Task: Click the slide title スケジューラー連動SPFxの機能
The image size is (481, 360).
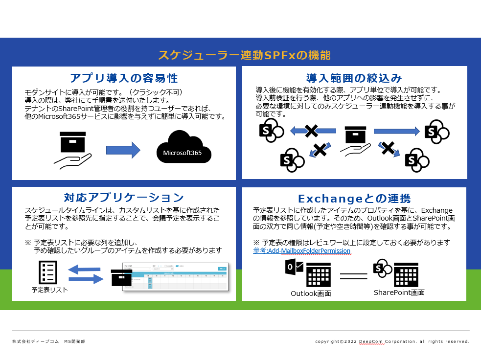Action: coord(244,55)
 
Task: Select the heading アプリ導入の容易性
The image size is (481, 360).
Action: coord(123,78)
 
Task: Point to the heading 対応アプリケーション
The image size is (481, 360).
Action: coord(123,198)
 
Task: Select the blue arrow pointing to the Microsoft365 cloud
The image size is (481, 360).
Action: coord(123,149)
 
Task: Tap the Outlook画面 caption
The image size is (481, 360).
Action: coord(311,293)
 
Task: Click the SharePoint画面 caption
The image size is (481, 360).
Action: coord(399,292)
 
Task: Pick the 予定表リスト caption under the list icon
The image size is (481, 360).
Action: coord(49,290)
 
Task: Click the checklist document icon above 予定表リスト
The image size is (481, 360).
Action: coord(48,272)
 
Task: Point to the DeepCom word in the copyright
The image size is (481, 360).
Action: coord(371,341)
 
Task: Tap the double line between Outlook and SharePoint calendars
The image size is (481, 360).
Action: coord(353,276)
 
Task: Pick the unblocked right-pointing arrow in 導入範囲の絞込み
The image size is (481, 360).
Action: coord(397,131)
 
